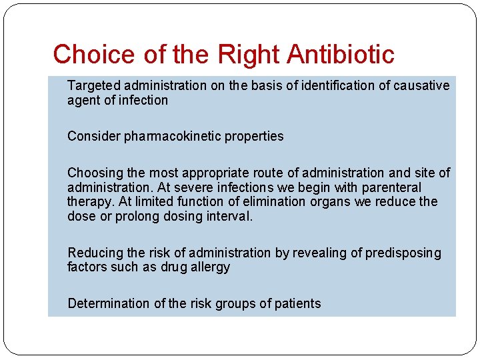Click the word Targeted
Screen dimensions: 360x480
click(x=94, y=85)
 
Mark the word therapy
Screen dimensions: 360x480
click(x=90, y=202)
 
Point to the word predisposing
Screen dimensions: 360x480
click(x=403, y=253)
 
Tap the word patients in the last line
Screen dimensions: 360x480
click(x=298, y=304)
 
